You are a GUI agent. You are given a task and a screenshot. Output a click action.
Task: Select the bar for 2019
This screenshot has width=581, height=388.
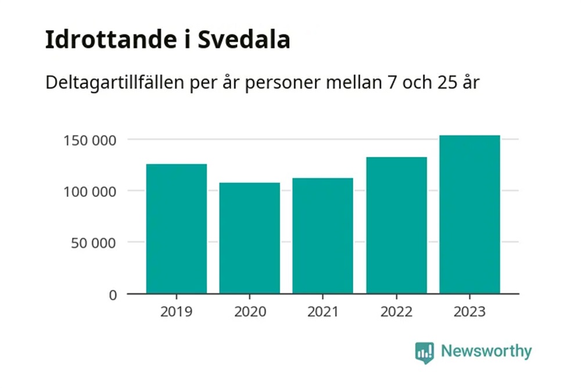[177, 229]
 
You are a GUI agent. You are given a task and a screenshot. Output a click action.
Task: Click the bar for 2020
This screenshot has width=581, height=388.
[250, 238]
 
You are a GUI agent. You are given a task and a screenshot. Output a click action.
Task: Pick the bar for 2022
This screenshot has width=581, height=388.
[396, 225]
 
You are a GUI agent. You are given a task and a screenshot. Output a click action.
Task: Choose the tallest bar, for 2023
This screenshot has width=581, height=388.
[469, 214]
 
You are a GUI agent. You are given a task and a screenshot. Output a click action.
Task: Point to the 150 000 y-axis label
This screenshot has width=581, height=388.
[90, 140]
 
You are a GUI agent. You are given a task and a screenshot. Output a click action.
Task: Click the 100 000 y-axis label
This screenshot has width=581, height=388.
[90, 191]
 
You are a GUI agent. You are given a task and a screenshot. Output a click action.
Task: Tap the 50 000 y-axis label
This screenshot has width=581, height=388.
[94, 242]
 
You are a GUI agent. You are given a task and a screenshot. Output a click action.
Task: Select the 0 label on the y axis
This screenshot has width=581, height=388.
[113, 294]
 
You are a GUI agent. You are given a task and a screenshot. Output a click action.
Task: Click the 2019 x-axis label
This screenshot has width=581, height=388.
[177, 312]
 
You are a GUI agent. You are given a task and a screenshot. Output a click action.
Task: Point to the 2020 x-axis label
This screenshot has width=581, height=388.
[250, 312]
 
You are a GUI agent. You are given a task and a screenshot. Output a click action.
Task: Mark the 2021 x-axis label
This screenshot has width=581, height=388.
[323, 312]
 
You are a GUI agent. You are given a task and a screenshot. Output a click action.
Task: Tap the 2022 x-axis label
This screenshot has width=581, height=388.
[396, 312]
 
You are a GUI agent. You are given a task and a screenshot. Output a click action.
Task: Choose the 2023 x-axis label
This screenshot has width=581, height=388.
[469, 312]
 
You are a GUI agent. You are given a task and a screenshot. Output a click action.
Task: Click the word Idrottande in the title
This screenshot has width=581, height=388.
[108, 41]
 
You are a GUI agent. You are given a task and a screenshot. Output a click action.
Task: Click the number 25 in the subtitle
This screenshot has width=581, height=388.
[438, 82]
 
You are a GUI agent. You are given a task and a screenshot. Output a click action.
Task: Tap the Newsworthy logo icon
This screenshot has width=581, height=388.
[425, 352]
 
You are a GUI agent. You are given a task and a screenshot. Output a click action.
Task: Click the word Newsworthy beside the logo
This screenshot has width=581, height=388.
[486, 351]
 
